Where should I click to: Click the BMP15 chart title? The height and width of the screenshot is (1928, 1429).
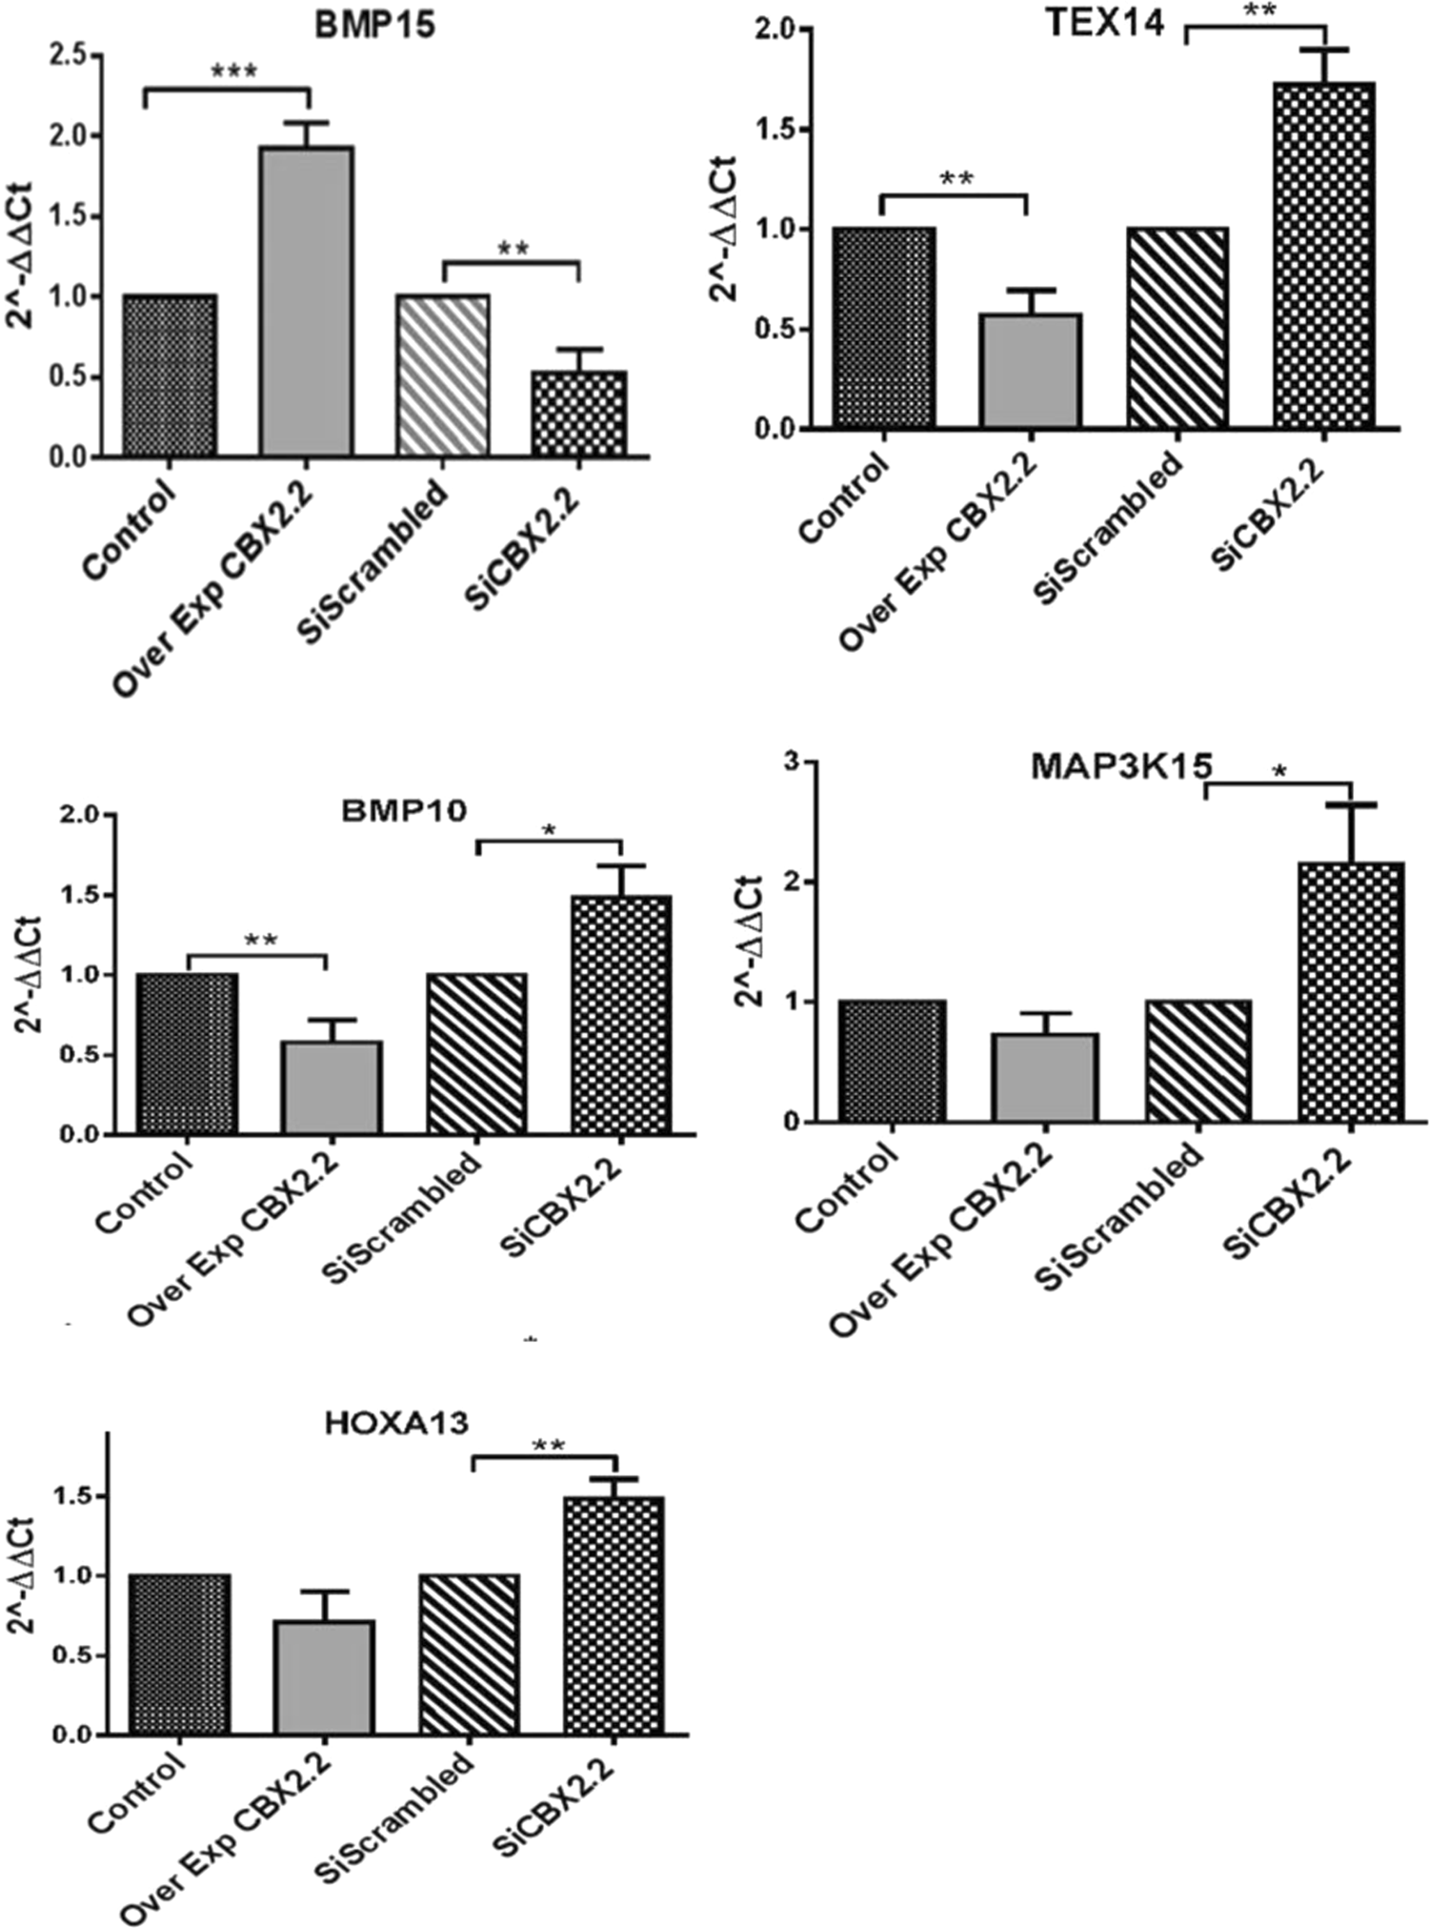pyautogui.click(x=374, y=25)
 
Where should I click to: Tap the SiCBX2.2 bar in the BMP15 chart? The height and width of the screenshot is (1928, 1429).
pyautogui.click(x=578, y=414)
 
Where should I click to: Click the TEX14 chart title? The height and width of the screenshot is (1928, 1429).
pyautogui.click(x=1104, y=23)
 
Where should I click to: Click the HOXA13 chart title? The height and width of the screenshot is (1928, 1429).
pyautogui.click(x=396, y=1424)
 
